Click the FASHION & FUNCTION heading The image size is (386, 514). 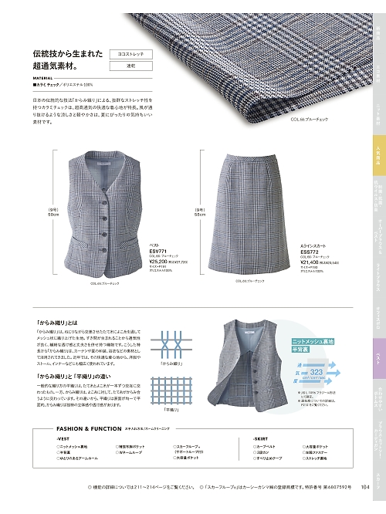pos(85,449)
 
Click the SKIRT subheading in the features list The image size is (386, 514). pos(279,459)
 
